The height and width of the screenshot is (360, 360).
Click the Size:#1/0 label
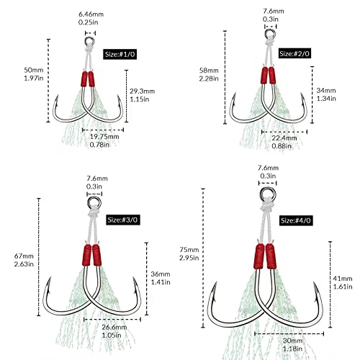(x=120, y=54)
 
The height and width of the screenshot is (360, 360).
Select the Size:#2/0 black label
(x=294, y=53)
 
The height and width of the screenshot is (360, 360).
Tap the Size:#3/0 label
(x=122, y=220)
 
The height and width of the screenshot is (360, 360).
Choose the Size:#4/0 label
(x=296, y=220)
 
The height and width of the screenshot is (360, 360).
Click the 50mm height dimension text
(x=34, y=70)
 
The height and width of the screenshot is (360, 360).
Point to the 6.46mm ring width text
(x=91, y=14)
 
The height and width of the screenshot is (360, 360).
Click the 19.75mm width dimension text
(x=104, y=137)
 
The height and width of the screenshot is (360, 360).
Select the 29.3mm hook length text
(x=142, y=91)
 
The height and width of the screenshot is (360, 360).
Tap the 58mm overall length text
(x=209, y=71)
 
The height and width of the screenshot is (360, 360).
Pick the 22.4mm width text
(x=284, y=138)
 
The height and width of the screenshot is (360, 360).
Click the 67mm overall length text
(x=24, y=256)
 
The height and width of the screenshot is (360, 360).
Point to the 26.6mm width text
(x=114, y=327)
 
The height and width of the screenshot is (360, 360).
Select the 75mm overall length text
(x=189, y=250)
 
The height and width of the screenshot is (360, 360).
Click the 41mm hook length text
(x=343, y=279)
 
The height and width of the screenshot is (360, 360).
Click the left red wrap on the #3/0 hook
(x=86, y=255)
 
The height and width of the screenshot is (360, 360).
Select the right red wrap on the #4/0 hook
(x=271, y=256)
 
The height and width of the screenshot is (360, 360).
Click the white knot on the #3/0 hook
(x=94, y=212)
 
